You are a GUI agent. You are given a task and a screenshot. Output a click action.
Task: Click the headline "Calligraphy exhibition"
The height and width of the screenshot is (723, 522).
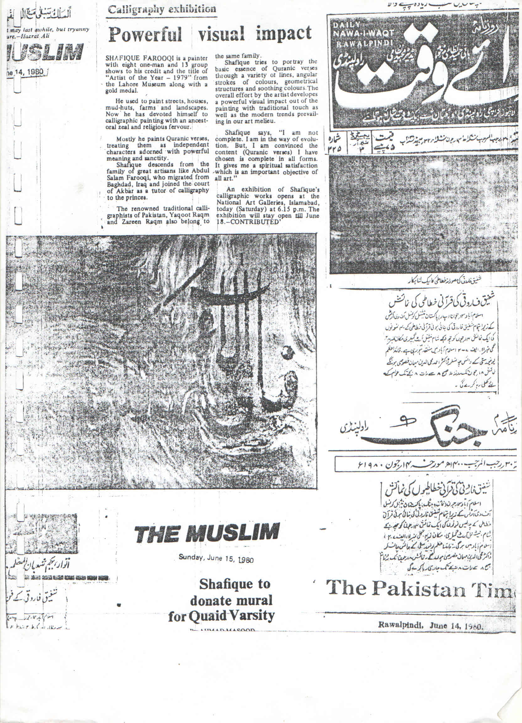coord(162,9)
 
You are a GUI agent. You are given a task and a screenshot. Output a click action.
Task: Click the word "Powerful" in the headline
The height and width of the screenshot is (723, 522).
coord(145,35)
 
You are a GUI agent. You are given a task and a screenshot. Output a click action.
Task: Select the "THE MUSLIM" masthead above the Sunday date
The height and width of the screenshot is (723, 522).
coord(206,532)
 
